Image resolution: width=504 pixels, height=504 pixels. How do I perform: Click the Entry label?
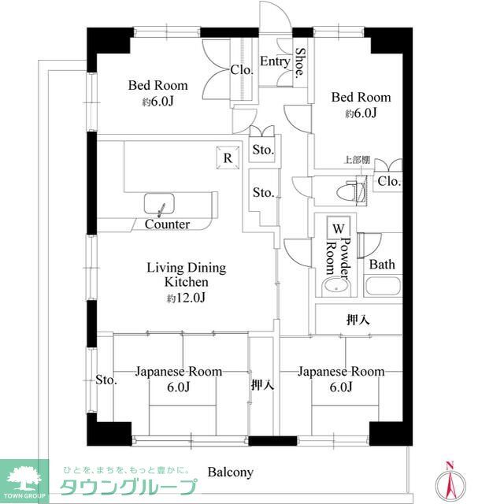(275, 61)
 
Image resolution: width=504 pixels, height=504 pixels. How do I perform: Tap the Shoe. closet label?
(300, 64)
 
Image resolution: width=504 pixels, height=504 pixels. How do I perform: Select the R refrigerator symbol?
(228, 157)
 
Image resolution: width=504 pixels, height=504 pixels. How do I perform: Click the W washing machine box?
(338, 228)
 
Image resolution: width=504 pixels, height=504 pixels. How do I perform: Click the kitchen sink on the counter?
(162, 206)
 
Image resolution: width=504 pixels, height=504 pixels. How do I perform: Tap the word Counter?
(167, 224)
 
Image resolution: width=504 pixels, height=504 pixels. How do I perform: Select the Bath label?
(382, 265)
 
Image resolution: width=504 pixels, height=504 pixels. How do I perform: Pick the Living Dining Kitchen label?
(186, 275)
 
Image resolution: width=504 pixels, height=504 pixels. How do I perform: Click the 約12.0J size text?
(186, 298)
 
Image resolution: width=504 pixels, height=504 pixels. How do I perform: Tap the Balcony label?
(230, 472)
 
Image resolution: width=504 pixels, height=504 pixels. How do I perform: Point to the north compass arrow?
(450, 480)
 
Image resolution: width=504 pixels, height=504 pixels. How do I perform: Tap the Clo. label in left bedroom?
(242, 70)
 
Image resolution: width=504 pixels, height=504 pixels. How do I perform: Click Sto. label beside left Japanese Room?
(106, 381)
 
